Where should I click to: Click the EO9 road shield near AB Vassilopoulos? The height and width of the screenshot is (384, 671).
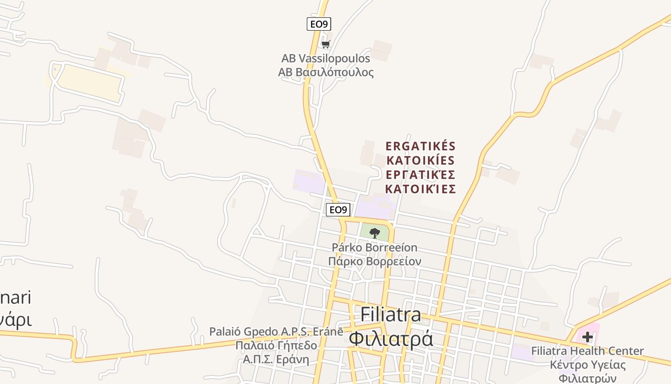coord(319,24)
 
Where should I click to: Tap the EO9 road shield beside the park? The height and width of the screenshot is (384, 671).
coord(338,210)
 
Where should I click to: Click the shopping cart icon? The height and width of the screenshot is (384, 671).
coord(326,45)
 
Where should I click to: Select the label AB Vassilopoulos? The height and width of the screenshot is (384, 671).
coord(325,59)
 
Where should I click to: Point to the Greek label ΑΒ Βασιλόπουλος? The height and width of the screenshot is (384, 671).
coord(325,72)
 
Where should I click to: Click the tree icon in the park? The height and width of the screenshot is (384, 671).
coord(375,233)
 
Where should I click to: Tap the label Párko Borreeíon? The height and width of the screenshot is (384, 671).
coord(374,248)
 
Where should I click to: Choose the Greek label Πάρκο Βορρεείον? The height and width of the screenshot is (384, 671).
coord(374,262)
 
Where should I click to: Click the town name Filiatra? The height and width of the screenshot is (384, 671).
coord(391,314)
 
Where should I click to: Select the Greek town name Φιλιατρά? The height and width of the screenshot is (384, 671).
coord(391,338)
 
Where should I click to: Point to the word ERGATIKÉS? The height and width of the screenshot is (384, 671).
coord(420,146)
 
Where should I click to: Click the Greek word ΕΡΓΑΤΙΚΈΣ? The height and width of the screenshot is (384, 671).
coord(420,174)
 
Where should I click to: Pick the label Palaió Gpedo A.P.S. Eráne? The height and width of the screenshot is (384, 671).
coord(276,332)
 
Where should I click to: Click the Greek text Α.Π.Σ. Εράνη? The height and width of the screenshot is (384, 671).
coord(276,360)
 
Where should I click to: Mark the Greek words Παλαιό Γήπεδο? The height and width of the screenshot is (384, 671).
coord(276,346)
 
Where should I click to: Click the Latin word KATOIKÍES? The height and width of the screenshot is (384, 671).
coord(420,160)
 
